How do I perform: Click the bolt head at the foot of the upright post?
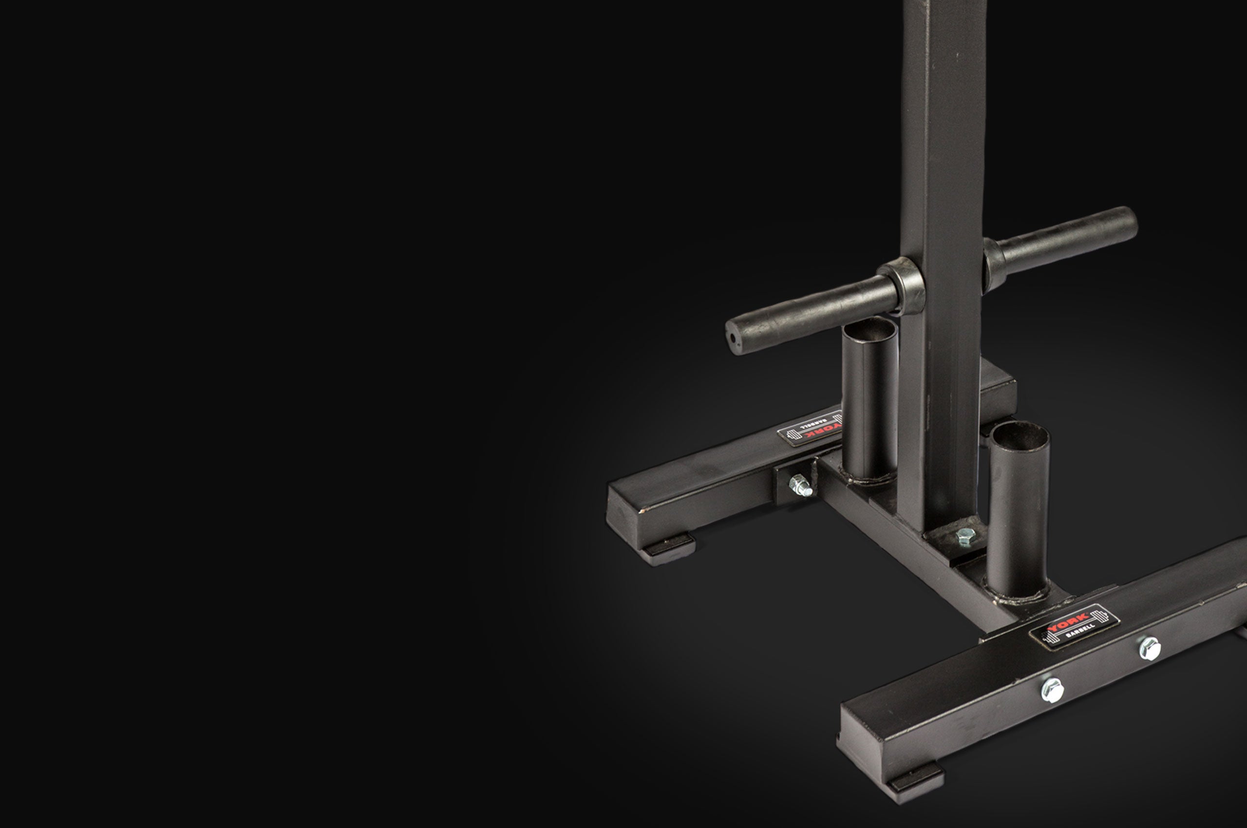[x=965, y=537]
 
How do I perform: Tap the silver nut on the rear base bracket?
[x=801, y=485]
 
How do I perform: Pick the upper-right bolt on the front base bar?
[x=1149, y=648]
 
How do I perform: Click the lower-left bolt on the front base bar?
[x=1052, y=690]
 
